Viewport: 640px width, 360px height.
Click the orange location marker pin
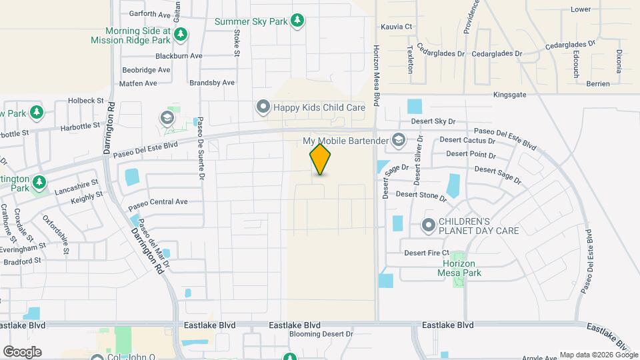[320, 159]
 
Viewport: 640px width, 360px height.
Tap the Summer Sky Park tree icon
[297, 21]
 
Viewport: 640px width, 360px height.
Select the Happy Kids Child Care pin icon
[263, 107]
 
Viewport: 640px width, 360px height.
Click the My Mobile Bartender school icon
[399, 140]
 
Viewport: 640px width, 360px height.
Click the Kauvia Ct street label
[397, 27]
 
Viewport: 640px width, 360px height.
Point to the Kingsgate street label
[510, 95]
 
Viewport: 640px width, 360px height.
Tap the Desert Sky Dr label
[433, 121]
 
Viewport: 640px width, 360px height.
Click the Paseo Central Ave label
[159, 201]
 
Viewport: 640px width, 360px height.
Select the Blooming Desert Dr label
[320, 334]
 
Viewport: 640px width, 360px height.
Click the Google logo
[22, 351]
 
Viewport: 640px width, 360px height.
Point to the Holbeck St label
[87, 101]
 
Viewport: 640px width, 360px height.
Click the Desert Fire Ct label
[427, 253]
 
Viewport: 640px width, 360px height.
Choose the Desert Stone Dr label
[421, 195]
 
